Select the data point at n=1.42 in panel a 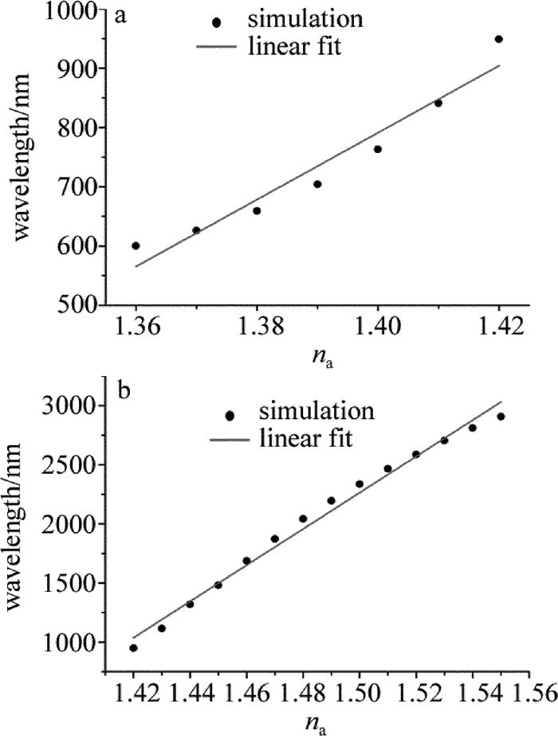498,39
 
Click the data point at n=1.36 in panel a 136,245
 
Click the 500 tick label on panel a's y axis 68,306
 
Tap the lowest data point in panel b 133,648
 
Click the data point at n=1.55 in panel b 501,417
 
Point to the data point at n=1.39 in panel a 317,184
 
